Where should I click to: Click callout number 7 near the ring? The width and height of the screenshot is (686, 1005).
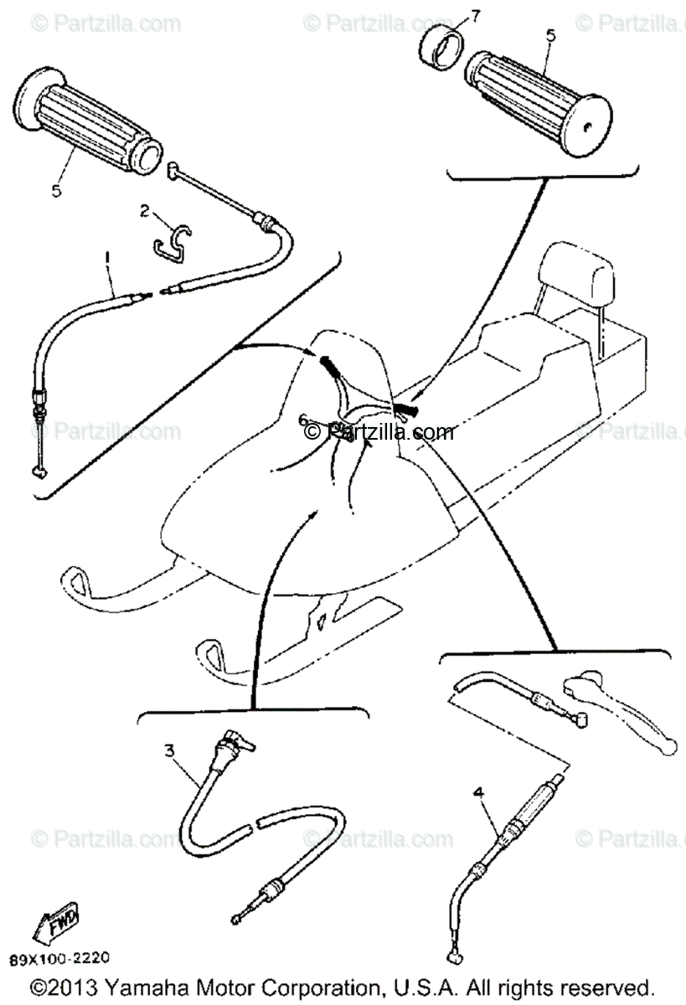point(475,16)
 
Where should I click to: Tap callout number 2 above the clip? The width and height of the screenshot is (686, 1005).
point(145,213)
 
